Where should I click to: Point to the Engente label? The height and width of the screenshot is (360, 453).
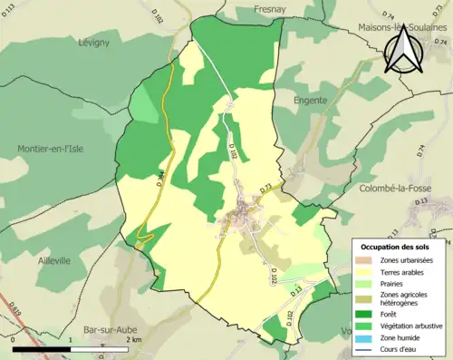click(x=309, y=101)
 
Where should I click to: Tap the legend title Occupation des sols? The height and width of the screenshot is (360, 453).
click(x=400, y=247)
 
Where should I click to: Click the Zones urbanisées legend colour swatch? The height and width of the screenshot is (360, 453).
click(x=365, y=260)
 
